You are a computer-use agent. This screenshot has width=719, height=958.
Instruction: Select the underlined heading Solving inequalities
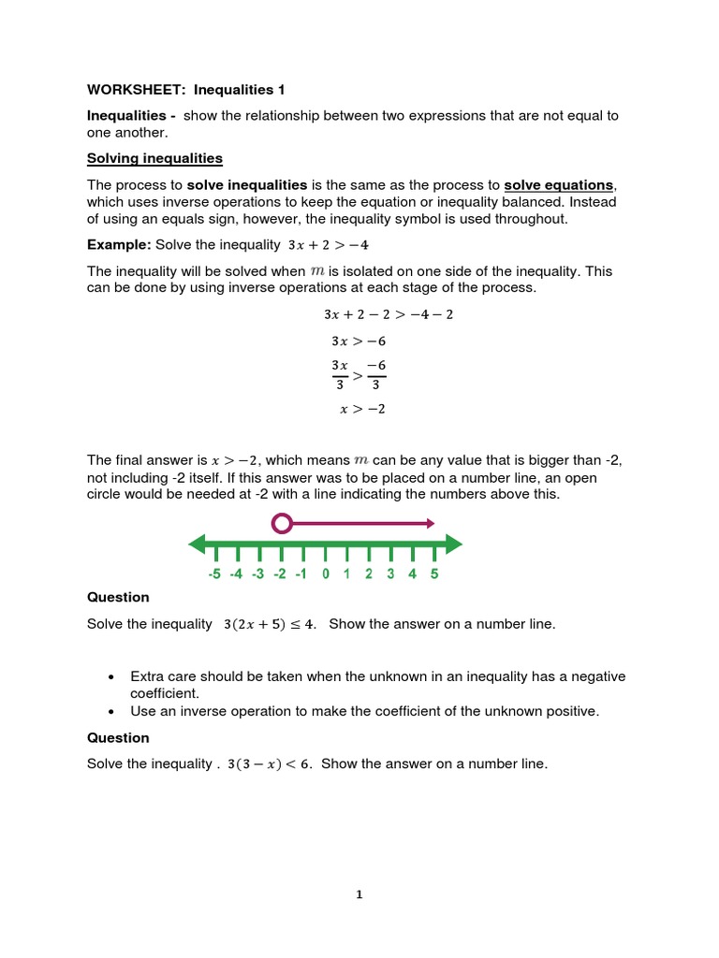154,158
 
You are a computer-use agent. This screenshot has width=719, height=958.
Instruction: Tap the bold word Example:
119,245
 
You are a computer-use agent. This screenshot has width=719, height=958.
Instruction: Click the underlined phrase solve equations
560,185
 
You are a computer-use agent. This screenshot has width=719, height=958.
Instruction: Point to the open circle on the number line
282,523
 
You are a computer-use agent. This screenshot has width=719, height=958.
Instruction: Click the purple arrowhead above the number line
429,523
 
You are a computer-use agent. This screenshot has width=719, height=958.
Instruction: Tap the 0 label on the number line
325,574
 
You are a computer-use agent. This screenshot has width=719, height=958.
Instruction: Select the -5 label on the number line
214,574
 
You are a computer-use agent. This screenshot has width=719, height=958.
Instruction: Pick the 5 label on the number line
434,574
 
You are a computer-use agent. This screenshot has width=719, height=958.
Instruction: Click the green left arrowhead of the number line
197,544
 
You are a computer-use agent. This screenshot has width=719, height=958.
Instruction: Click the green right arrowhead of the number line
454,544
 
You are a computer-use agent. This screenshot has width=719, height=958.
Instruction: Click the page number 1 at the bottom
359,894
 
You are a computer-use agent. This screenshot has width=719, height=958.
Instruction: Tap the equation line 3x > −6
359,341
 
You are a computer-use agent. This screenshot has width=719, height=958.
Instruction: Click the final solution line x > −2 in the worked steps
362,409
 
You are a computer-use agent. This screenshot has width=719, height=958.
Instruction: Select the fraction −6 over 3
375,374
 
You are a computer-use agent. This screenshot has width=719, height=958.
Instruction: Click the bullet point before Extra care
111,676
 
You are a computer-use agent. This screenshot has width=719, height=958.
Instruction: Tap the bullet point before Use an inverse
111,711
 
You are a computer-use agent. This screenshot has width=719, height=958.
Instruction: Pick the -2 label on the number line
280,574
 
